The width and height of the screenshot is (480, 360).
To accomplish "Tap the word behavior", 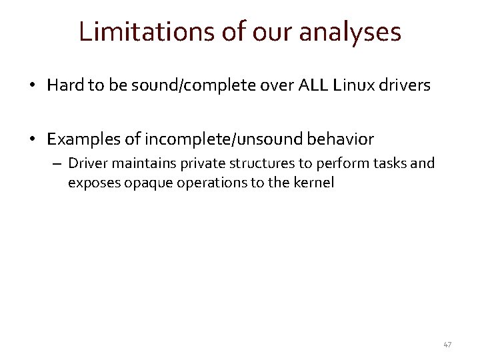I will (x=339, y=139).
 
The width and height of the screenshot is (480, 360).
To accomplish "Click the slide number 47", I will (x=447, y=345).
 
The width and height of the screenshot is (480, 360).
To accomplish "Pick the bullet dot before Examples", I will (x=32, y=140).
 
